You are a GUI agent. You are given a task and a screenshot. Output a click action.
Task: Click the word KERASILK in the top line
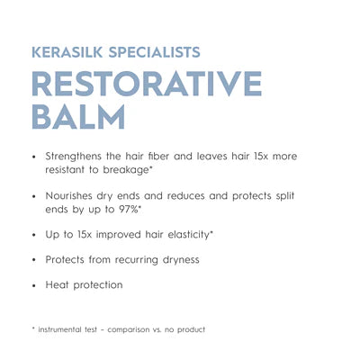click(67, 52)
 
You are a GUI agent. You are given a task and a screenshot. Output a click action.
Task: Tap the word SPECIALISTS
click(154, 52)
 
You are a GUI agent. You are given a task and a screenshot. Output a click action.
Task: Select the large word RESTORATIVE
click(147, 84)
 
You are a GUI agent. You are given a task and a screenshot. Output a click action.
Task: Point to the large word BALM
click(78, 117)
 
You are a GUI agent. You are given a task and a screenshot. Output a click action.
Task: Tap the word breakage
click(126, 170)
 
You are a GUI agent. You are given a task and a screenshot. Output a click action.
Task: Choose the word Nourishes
click(68, 196)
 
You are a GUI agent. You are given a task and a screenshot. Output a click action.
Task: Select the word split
click(285, 196)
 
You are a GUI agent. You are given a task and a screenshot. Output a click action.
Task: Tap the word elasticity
click(188, 235)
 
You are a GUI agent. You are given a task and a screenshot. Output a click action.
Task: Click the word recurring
click(137, 260)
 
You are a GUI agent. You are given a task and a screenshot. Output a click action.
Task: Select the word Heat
click(57, 284)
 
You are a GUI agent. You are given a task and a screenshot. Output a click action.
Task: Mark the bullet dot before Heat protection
click(34, 286)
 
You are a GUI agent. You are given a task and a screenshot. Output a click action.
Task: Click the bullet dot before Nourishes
click(34, 197)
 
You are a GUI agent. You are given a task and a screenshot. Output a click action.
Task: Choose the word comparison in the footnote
click(129, 330)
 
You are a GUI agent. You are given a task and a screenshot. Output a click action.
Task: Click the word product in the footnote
click(192, 330)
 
